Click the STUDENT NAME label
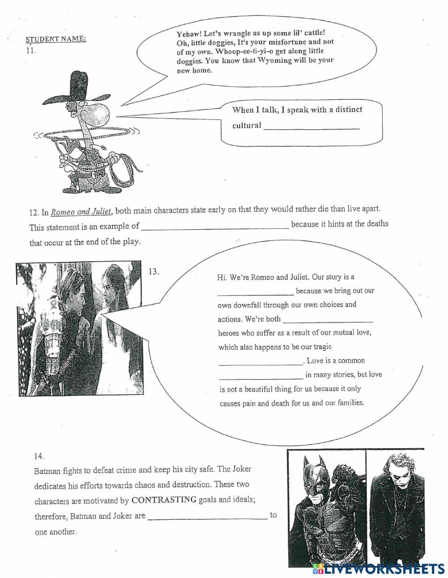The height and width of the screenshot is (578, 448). point(56,39)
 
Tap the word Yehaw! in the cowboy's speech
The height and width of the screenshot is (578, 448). point(190,34)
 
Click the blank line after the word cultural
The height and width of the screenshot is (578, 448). point(311,127)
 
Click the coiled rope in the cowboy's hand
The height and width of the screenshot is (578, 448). point(126,166)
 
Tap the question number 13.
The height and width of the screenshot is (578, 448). point(154,271)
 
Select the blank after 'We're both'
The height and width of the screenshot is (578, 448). point(328,320)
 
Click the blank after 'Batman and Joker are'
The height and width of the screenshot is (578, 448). point(207,517)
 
